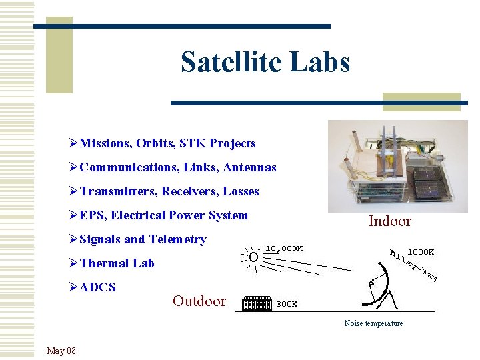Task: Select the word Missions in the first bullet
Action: (x=105, y=143)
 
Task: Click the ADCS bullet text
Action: (x=97, y=287)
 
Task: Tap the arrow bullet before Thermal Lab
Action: (x=73, y=263)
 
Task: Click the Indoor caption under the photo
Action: (x=390, y=221)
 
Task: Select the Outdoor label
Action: (x=199, y=301)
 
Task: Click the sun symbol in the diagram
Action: (x=253, y=257)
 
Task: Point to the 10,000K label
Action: (x=285, y=249)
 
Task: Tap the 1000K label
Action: (x=421, y=252)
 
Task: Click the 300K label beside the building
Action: (x=287, y=303)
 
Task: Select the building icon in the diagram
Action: (x=257, y=303)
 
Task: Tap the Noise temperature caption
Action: (x=373, y=323)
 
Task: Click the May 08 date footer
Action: (x=61, y=351)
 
